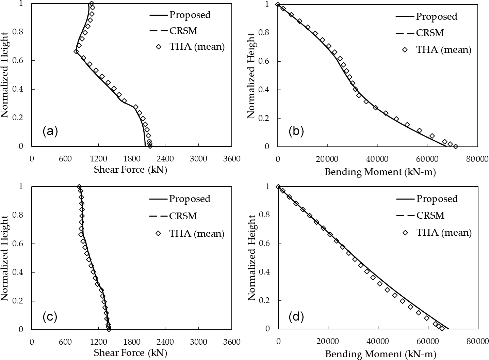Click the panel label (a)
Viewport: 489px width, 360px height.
[50, 131]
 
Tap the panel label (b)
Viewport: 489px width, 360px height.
[296, 131]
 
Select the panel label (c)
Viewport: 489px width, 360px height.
[50, 317]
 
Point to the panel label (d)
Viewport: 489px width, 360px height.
[296, 317]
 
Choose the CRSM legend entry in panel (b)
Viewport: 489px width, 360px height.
[430, 33]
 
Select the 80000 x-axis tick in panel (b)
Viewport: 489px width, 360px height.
[476, 159]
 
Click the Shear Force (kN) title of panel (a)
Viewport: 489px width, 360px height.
[130, 170]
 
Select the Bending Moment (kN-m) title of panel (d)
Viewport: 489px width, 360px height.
[380, 355]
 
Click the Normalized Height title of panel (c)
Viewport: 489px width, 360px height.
[5, 257]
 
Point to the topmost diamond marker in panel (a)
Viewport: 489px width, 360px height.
[91, 4]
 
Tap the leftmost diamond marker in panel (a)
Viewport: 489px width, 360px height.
[76, 51]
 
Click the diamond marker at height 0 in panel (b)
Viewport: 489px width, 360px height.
[455, 146]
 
